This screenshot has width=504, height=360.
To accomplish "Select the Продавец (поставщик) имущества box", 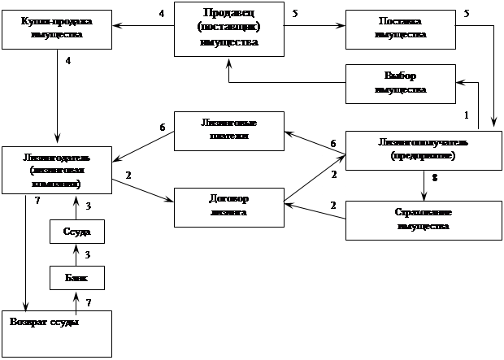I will [x=228, y=29].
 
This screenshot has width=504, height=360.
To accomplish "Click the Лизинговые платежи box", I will [x=228, y=130].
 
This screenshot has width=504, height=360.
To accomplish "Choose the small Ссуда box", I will [x=76, y=232].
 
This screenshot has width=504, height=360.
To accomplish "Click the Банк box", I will [x=76, y=279].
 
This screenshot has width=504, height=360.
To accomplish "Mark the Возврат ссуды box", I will [x=56, y=332].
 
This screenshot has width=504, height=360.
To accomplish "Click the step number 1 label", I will [x=466, y=115].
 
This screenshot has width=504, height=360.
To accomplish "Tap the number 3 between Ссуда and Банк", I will [x=89, y=255].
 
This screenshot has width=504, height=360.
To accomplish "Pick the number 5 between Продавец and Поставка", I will [x=294, y=13].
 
